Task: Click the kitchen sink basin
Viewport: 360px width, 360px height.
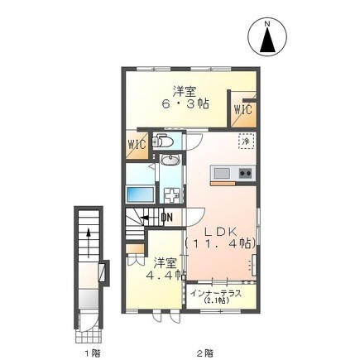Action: [221, 173]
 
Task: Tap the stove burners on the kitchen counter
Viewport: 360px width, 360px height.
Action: [246, 173]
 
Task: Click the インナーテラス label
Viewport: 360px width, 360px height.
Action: [215, 293]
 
